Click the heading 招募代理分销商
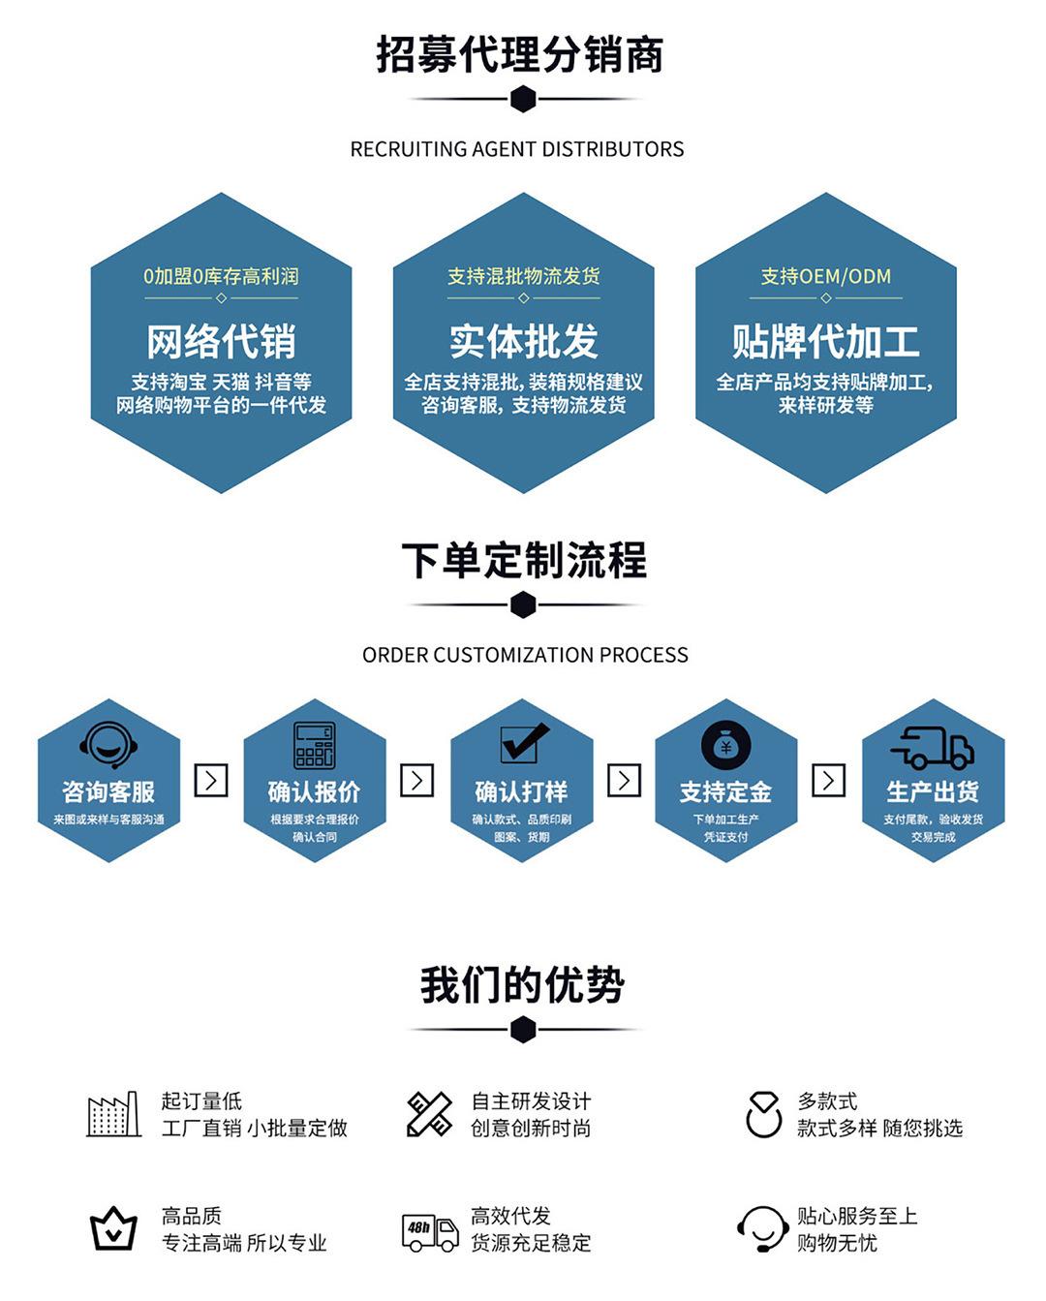click(520, 54)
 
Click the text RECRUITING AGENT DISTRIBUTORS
click(516, 149)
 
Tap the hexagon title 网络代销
click(221, 341)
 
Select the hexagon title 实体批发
click(523, 341)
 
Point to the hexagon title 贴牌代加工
click(825, 341)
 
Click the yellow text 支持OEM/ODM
click(825, 276)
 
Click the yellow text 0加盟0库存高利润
click(221, 276)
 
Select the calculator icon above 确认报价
click(314, 745)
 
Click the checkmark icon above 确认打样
click(523, 743)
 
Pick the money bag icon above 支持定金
click(725, 746)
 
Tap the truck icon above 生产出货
click(932, 747)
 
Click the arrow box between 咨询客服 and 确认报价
click(211, 780)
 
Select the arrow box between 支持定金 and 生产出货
click(828, 780)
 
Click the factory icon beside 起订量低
click(113, 1114)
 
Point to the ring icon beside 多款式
click(763, 1114)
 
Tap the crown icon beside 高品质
click(113, 1229)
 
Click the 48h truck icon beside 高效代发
click(430, 1230)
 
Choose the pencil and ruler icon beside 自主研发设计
click(429, 1114)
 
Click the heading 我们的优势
click(522, 985)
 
